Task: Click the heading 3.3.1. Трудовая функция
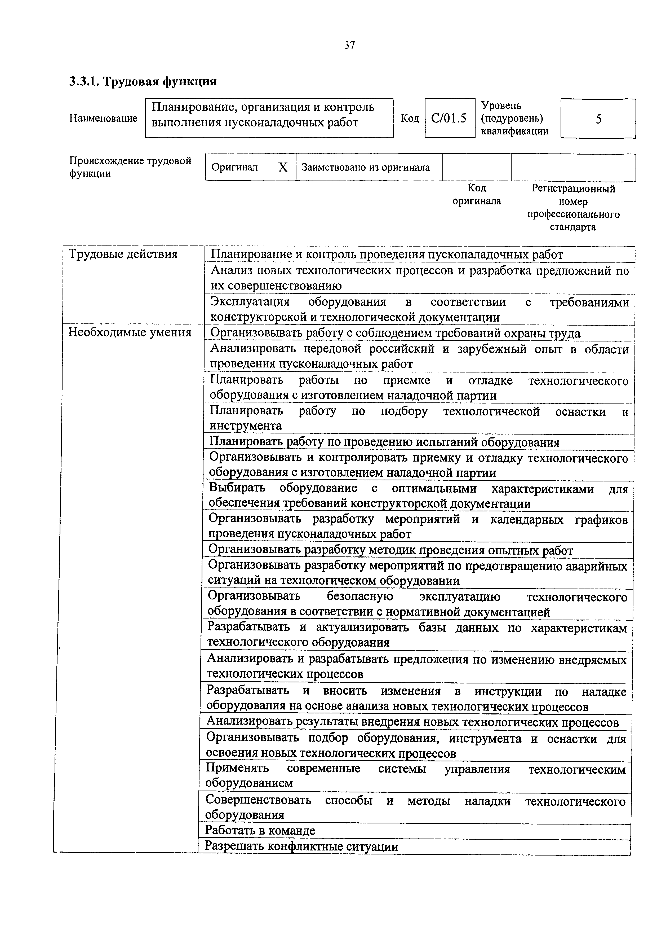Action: [143, 81]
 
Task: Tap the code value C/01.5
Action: [449, 118]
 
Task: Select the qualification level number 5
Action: [598, 119]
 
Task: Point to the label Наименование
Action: [103, 118]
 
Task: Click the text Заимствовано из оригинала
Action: [366, 167]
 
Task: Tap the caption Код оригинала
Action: [476, 194]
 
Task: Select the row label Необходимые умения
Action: [130, 332]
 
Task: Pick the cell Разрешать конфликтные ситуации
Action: [301, 846]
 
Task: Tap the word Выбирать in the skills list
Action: [237, 489]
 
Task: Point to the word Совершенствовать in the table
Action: [258, 800]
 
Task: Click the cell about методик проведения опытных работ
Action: [391, 550]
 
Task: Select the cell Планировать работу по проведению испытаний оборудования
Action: [384, 442]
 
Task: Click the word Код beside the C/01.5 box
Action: [410, 118]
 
